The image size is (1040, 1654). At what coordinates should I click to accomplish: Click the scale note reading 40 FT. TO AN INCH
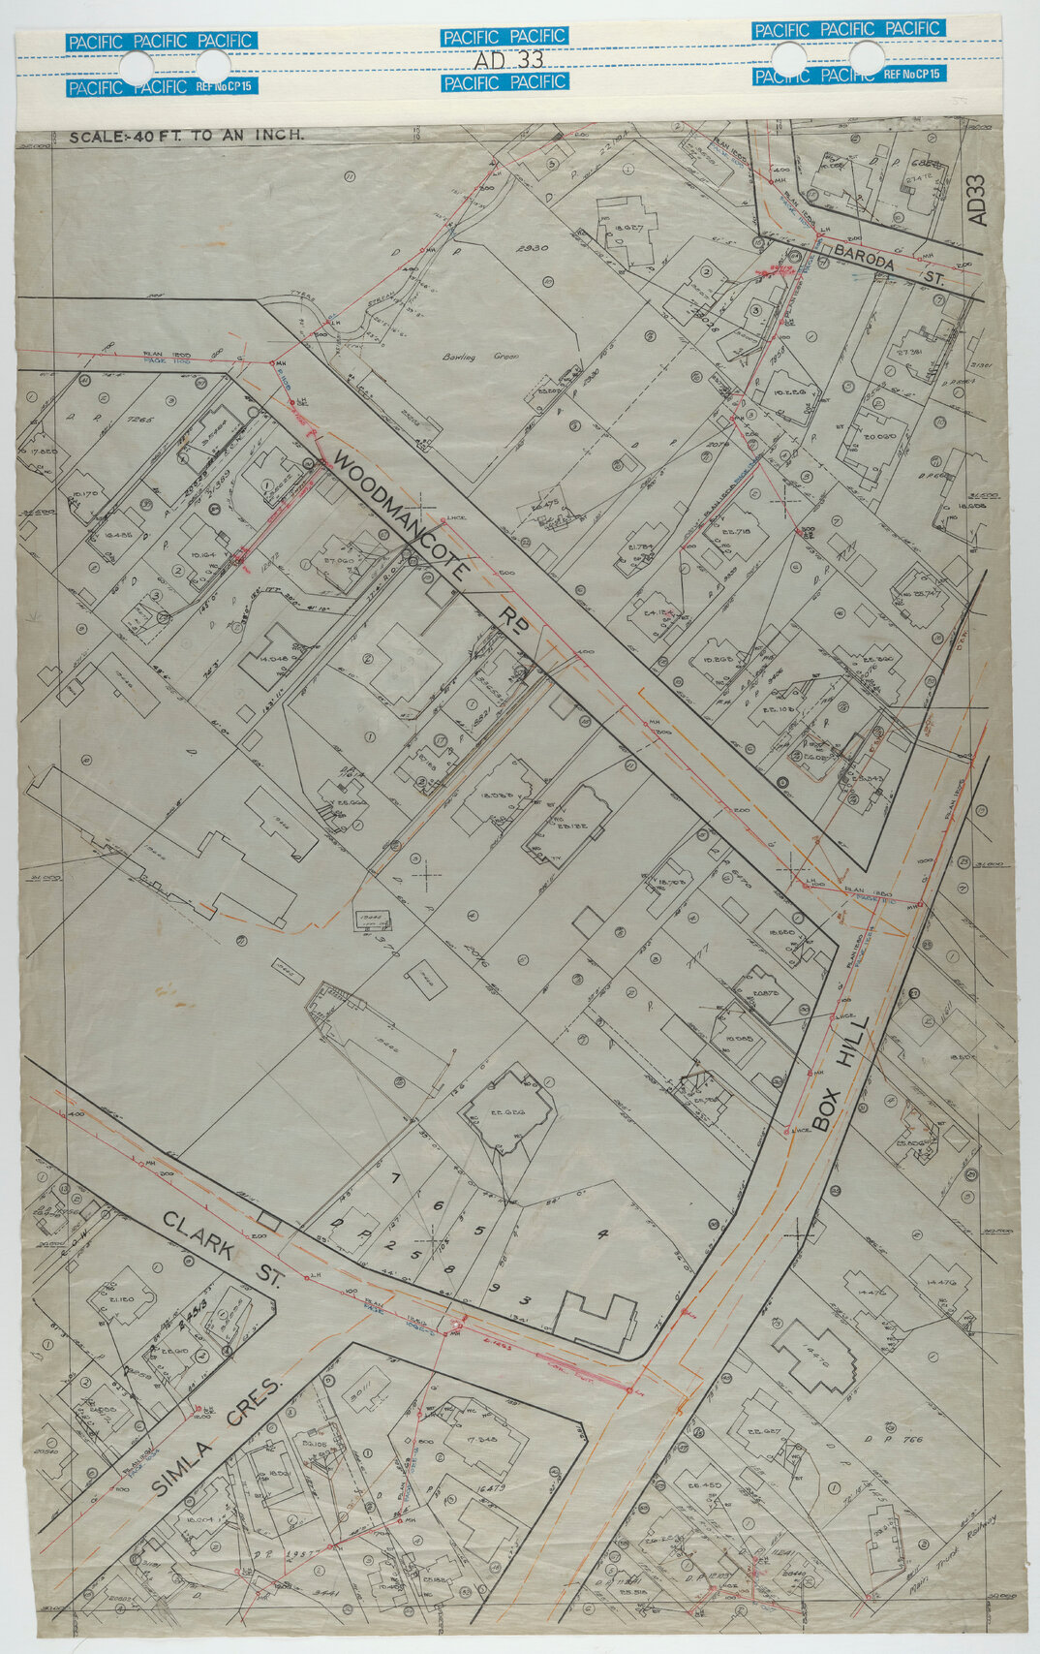click(187, 137)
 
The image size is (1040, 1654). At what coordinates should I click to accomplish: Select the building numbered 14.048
click(275, 657)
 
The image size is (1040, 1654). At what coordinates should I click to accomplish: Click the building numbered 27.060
click(336, 561)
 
